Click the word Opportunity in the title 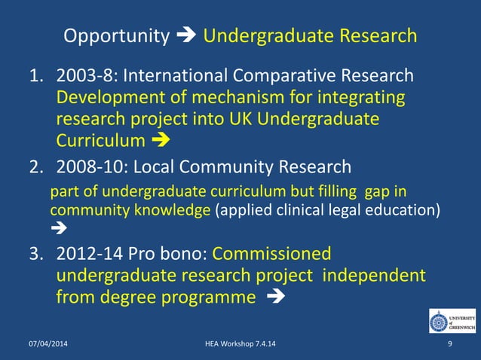point(116,36)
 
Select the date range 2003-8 point(86,77)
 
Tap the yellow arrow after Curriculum point(161,141)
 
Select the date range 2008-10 point(91,166)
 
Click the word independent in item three point(374,276)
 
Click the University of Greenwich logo point(452,321)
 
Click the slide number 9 point(449,345)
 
